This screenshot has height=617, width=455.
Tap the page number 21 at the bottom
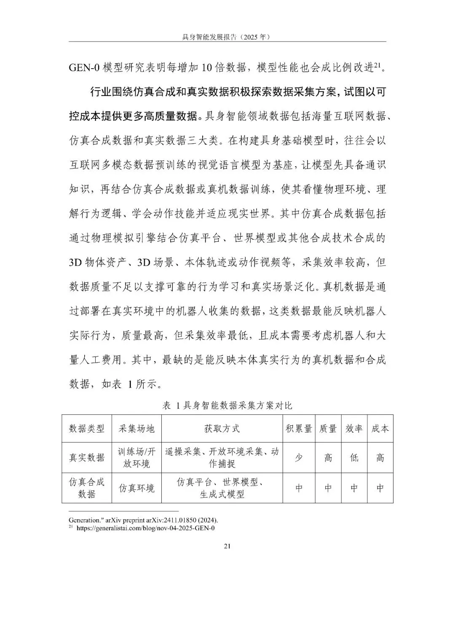227,546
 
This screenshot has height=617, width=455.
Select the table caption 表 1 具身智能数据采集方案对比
227,406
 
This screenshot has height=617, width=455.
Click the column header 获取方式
222,429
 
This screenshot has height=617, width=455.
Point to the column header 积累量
299,429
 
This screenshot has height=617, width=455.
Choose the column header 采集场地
136,429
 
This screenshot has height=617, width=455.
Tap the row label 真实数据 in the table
87,458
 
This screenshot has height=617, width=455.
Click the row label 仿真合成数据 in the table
87,488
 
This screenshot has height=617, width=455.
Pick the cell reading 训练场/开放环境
136,458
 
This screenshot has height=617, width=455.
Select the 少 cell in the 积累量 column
299,458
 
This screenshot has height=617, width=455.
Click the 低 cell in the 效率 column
354,458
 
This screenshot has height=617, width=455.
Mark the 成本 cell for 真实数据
380,458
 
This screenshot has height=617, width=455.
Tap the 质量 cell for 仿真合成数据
328,488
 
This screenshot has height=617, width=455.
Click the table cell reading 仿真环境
136,488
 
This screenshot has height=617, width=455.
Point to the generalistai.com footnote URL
145,528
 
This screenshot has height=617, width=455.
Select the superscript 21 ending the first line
378,65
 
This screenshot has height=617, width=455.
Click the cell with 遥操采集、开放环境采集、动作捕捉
222,458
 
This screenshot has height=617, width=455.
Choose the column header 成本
380,429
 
